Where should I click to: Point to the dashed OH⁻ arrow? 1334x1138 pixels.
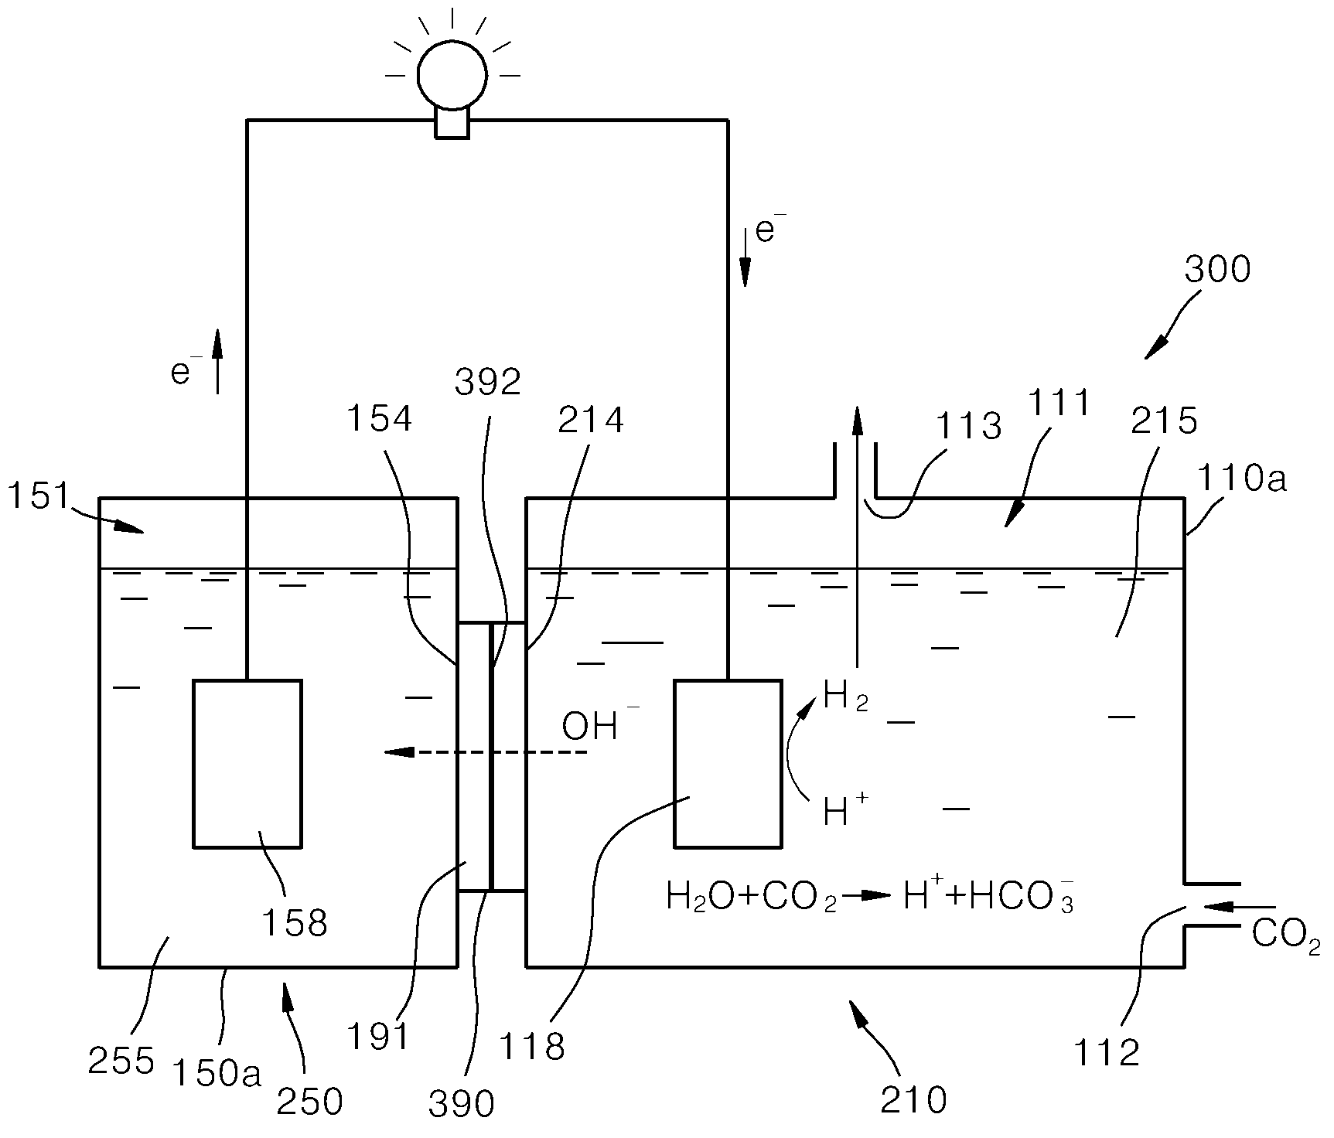(486, 751)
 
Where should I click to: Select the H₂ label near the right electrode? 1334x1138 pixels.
(846, 697)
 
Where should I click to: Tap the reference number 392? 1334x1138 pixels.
(488, 382)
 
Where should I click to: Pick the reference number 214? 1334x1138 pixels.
(591, 419)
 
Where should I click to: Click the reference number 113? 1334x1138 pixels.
(968, 426)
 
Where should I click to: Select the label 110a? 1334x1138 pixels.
(1242, 480)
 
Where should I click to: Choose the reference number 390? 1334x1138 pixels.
(461, 1105)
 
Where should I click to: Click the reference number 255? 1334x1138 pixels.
(121, 1061)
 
